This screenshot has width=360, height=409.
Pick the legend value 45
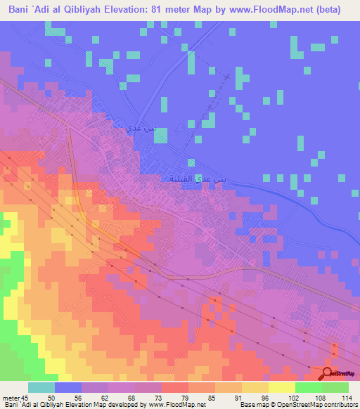click(x=26, y=397)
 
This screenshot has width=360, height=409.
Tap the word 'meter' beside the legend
click(x=11, y=397)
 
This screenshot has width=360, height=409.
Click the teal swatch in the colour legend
click(x=41, y=387)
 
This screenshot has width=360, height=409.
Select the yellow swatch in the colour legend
click(x=281, y=387)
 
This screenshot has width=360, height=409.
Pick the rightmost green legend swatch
click(x=335, y=387)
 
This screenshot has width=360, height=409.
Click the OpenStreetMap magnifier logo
click(x=327, y=374)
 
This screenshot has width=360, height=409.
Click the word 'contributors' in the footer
click(x=340, y=405)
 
